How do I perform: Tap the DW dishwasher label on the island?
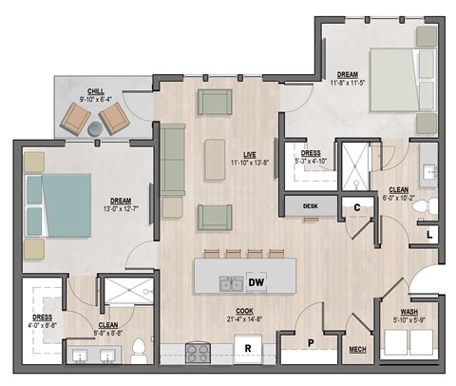click(x=256, y=281)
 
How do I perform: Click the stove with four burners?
click(x=198, y=354)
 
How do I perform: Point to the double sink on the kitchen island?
click(x=228, y=282)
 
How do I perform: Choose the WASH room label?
click(x=408, y=313)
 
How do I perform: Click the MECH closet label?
click(x=358, y=349)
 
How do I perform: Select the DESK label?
click(x=310, y=205)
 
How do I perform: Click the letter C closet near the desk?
click(x=356, y=207)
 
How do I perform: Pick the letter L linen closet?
click(x=429, y=233)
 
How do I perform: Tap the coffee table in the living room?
click(x=216, y=160)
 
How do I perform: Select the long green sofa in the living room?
click(x=173, y=160)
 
